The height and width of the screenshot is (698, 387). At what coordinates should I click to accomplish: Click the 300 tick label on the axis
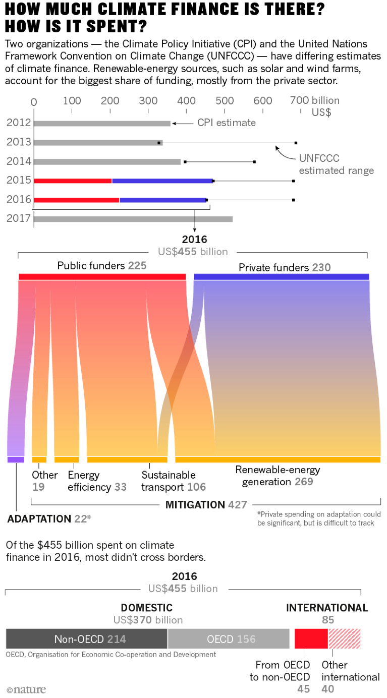[148, 101]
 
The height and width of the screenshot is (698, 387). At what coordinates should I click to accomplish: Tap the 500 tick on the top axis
[225, 101]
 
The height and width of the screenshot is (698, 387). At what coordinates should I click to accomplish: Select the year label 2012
[19, 123]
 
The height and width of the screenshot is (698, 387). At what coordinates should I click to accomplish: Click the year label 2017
[19, 219]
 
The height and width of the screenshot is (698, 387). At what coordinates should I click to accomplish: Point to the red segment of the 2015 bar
[73, 181]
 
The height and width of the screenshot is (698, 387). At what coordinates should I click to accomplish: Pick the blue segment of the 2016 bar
[163, 200]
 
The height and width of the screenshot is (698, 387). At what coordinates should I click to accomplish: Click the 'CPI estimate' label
[227, 123]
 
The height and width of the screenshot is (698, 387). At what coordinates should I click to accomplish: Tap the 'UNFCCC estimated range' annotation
[336, 164]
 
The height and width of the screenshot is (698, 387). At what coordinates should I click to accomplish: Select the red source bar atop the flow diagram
[102, 277]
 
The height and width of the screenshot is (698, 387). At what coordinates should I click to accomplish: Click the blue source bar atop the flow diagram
[282, 277]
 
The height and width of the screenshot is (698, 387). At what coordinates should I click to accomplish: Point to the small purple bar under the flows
[16, 459]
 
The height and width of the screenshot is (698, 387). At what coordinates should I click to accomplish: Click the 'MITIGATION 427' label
[206, 505]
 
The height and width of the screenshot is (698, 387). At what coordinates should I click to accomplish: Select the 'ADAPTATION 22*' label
[49, 518]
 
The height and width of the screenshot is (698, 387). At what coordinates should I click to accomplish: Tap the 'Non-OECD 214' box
[87, 639]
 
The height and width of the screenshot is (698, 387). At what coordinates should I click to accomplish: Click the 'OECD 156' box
[230, 639]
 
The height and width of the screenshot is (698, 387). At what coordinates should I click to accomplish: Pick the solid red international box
[311, 639]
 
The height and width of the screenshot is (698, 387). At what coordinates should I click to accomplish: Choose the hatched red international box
[345, 639]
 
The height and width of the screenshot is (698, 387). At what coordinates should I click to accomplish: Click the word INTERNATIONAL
[327, 608]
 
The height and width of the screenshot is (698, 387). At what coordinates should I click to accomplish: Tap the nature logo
[26, 689]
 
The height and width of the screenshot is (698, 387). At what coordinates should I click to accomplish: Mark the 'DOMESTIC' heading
[146, 608]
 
